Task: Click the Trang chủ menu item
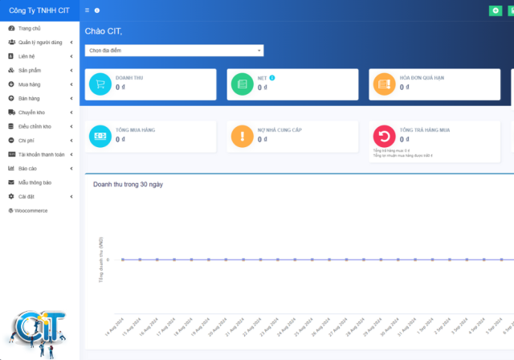coord(30,29)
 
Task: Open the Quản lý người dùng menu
coord(40,42)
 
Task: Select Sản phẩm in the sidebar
coord(30,70)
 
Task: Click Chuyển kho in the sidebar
coord(32,112)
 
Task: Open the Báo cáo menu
coord(28,168)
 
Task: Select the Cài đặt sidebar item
coord(27,196)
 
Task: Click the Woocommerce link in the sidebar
coord(31,211)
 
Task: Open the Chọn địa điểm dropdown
coord(174,50)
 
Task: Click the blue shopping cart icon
coord(100,84)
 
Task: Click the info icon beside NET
coord(272,78)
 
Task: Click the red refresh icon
coord(384,137)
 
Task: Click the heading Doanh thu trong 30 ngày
coord(128,184)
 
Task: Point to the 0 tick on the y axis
coord(108,260)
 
